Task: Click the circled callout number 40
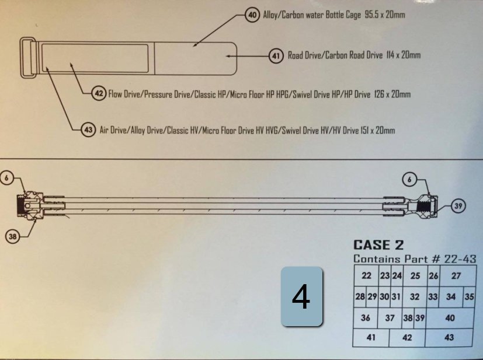point(252,15)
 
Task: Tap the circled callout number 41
point(276,55)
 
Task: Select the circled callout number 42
point(99,93)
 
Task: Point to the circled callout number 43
point(88,130)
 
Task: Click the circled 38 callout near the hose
point(13,237)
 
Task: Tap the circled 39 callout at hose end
point(458,206)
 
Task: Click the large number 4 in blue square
point(301,296)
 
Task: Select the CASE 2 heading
point(378,245)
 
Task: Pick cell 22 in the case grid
point(366,276)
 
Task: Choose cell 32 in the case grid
point(415,297)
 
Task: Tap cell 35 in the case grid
point(469,297)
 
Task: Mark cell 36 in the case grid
point(366,318)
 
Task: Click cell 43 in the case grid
point(449,338)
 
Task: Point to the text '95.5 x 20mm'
point(385,15)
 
